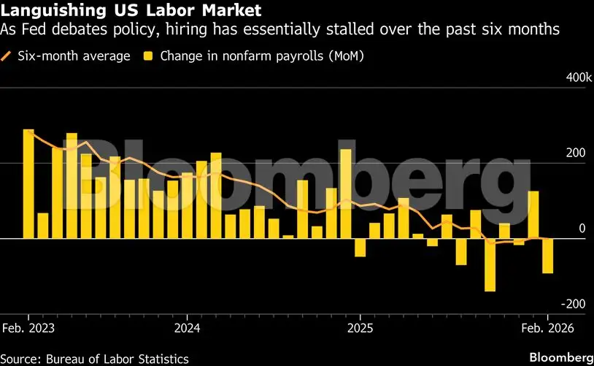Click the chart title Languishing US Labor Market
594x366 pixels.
(x=131, y=9)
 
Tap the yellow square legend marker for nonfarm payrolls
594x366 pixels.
(x=148, y=56)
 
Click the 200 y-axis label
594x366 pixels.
(x=576, y=153)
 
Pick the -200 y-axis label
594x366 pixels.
(x=573, y=304)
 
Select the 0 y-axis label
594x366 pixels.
(x=582, y=229)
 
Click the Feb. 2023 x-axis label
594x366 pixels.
(x=28, y=328)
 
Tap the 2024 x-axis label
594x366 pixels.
(x=187, y=328)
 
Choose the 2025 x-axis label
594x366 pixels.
(x=360, y=328)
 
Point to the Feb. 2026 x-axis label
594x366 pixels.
(x=547, y=328)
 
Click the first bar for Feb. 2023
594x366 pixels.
(x=28, y=184)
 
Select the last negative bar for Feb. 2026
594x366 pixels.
(x=547, y=256)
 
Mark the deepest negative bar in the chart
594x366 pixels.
(x=490, y=264)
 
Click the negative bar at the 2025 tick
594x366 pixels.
(x=360, y=248)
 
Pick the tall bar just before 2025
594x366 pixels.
(x=346, y=194)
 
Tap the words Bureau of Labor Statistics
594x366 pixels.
(x=117, y=359)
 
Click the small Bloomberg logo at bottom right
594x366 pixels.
(x=561, y=358)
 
